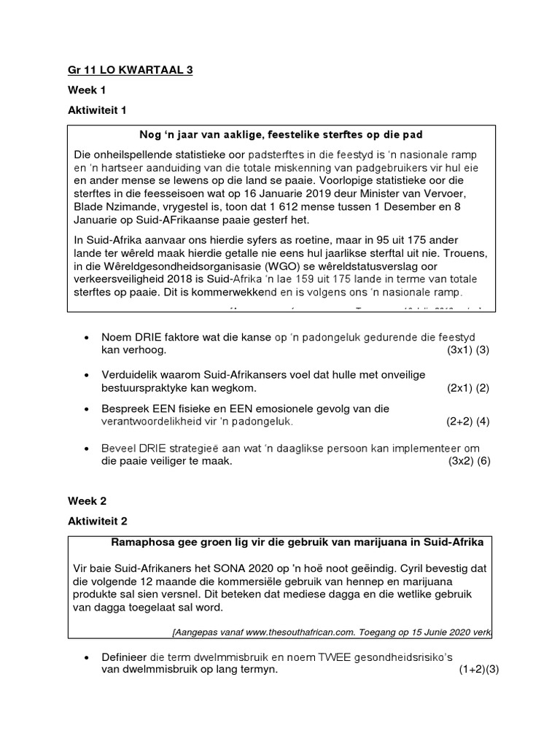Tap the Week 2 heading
pos(87,500)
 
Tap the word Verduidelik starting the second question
pos(131,375)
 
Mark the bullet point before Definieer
pos(87,657)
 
